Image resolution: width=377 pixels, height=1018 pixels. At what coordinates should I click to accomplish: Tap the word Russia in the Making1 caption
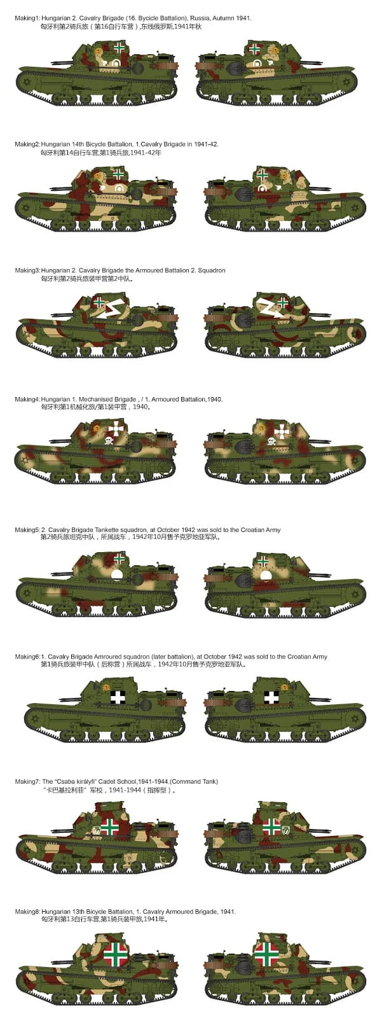[199, 18]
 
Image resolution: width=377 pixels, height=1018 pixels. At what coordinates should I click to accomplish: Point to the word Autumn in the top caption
[222, 18]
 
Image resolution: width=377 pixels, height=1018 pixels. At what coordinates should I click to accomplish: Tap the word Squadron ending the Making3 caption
[212, 270]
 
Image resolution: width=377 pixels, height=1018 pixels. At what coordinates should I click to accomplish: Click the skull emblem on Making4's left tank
[108, 440]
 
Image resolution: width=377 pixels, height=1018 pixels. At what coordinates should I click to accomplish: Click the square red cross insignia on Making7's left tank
[109, 827]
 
